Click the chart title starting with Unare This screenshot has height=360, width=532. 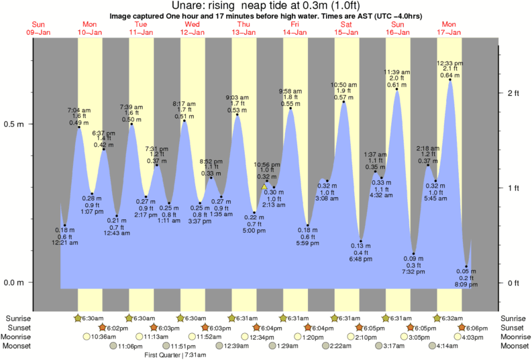click(x=265, y=5)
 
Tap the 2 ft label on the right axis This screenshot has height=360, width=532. click(x=513, y=93)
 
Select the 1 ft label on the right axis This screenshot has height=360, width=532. click(x=513, y=188)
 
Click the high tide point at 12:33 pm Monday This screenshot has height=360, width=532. click(x=450, y=80)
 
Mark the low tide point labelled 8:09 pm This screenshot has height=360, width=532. click(x=466, y=267)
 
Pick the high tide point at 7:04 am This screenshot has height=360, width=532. click(x=78, y=127)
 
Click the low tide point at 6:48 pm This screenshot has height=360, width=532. click(x=361, y=241)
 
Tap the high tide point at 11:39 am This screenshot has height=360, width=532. click(x=397, y=89)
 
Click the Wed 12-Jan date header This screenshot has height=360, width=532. click(x=193, y=28)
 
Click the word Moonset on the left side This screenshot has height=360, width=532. click(x=20, y=346)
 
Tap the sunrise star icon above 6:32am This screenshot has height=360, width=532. click(x=437, y=318)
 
